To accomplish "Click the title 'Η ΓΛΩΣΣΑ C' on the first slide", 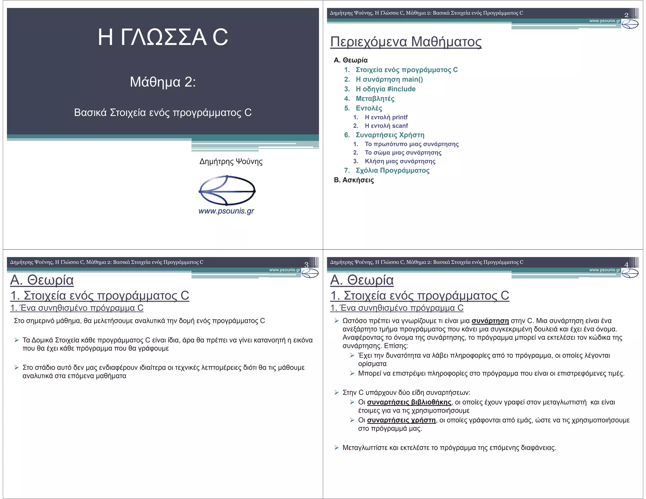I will point(163,37).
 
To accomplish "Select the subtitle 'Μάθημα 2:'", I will point(163,82).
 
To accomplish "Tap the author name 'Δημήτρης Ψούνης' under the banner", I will point(231,161).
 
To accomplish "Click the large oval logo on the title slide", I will point(227,191).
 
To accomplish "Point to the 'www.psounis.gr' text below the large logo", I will point(226,211).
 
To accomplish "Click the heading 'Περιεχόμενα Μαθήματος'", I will point(406,42).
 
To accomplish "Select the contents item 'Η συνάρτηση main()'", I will point(389,79).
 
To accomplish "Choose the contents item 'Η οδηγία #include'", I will point(385,89).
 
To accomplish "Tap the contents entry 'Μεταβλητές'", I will point(375,99).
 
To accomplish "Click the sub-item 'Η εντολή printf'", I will point(386,117).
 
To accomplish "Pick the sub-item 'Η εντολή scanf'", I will point(386,126).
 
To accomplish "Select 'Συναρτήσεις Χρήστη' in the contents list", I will point(390,135).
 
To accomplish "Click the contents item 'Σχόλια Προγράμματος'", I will point(392,171).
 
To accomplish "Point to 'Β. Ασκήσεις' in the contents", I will point(354,180).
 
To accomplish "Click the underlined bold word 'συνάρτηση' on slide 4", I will point(490,321).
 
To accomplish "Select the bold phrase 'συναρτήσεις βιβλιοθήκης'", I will point(409,402).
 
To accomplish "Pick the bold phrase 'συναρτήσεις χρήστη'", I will point(401,420).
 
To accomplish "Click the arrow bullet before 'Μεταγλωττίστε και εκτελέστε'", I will point(337,448).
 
